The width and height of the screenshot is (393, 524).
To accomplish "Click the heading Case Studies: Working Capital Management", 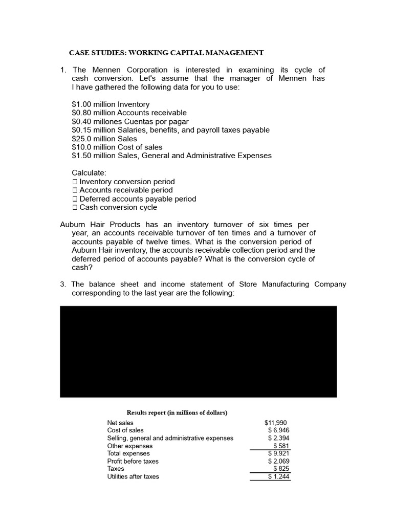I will click(x=166, y=53).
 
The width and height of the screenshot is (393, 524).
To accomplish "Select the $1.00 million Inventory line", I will click(x=111, y=104).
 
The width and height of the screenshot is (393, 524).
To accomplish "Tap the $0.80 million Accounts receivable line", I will click(x=129, y=113).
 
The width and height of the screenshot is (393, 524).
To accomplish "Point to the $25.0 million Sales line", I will click(x=104, y=139).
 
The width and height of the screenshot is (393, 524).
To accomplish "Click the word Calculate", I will click(x=89, y=173).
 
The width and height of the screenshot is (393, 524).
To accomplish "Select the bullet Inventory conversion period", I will click(x=127, y=182).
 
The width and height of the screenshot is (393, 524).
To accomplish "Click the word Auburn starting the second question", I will click(x=73, y=225).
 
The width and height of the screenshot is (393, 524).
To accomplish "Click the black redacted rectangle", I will click(x=198, y=351).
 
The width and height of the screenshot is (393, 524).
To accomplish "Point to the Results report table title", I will click(x=177, y=412).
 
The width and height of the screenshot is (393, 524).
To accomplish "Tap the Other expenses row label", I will click(x=129, y=446).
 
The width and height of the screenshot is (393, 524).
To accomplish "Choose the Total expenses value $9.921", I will click(x=278, y=453).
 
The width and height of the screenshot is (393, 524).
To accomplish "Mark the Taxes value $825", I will click(x=281, y=469).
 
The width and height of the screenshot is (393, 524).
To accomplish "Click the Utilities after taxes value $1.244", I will click(x=278, y=476).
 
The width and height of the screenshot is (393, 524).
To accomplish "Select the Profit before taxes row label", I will click(x=133, y=461).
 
